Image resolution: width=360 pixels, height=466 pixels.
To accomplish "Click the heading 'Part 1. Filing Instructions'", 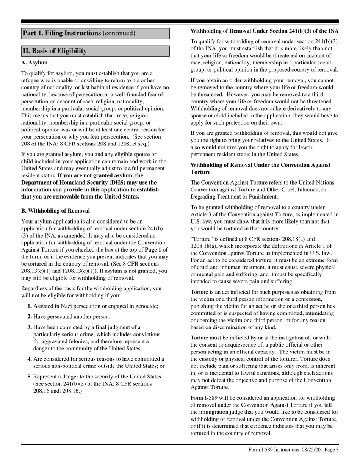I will click(63, 33).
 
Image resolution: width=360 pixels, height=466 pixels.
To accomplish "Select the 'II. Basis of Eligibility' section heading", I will click(55, 51).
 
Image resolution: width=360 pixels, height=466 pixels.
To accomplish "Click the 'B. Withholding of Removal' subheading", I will click(55, 211).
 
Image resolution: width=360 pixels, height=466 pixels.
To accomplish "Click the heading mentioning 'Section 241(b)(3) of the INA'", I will click(265, 31).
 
